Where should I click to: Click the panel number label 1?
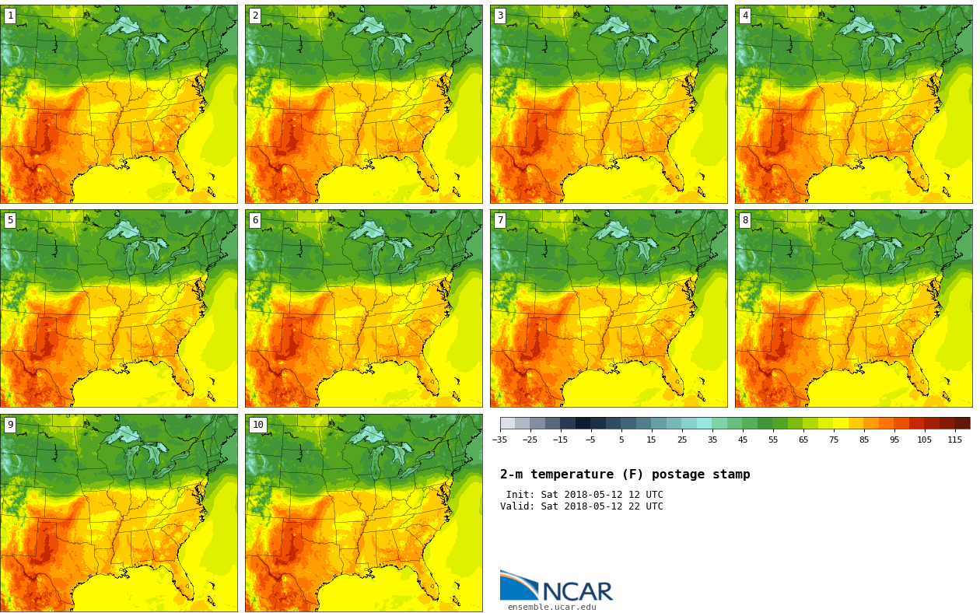(10, 16)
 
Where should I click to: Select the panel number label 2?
(255, 16)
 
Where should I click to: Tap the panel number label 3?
(500, 16)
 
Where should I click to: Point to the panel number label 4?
(745, 16)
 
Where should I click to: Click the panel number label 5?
(10, 220)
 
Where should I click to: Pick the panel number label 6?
(255, 220)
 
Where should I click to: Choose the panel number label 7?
(500, 220)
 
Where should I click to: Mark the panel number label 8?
(745, 220)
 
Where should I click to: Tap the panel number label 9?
(10, 425)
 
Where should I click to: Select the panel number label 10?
(257, 425)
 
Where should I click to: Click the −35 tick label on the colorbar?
(499, 440)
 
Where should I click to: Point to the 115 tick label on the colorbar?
(954, 440)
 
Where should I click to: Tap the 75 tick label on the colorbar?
(834, 440)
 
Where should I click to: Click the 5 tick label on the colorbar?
(621, 440)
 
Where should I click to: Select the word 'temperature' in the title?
(568, 475)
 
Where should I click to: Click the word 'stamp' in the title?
(731, 475)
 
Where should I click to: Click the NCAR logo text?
(577, 591)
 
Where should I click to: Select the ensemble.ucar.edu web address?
(551, 608)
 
